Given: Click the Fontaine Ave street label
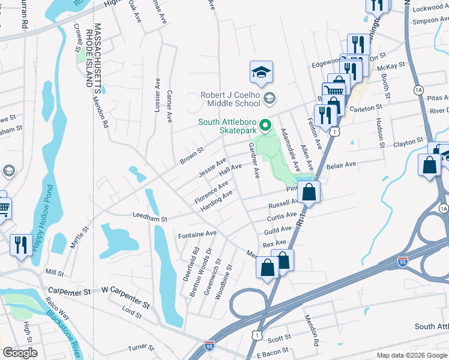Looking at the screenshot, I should [197, 233].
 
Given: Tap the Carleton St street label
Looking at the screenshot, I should [366, 107].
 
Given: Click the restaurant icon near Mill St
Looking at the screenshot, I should [21, 244].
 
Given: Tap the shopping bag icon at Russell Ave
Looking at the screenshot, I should [309, 193].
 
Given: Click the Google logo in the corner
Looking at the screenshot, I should [20, 353].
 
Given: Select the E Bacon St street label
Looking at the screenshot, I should [272, 350].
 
